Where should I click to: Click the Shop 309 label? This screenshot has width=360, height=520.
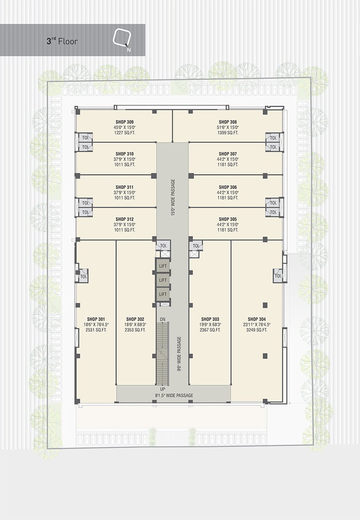[x=124, y=122]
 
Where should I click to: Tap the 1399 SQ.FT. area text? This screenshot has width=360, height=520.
[x=228, y=133]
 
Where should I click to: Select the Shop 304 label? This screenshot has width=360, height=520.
[x=257, y=319]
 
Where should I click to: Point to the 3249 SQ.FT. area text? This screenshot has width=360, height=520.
[x=257, y=330]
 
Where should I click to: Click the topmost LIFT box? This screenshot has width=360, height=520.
[x=163, y=266]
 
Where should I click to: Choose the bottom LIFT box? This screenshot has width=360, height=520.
[x=163, y=294]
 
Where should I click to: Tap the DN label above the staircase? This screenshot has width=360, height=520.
[x=163, y=319]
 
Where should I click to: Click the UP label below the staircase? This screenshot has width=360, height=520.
[x=163, y=389]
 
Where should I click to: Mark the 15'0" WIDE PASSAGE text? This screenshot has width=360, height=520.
[x=173, y=197]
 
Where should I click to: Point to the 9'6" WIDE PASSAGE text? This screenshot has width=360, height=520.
[x=179, y=354]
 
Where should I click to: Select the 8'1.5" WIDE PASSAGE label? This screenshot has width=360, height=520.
[x=174, y=395]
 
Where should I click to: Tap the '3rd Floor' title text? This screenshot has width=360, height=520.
[x=62, y=41]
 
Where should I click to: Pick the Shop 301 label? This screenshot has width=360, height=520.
[x=96, y=319]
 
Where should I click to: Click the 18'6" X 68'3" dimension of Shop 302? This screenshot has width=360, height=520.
[x=135, y=325]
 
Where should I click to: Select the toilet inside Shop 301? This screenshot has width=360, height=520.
[x=83, y=276]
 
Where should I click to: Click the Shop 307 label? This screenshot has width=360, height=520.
[x=228, y=154]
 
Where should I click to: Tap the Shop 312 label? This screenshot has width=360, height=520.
[x=124, y=219]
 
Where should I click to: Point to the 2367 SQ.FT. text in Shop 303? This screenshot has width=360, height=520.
[x=210, y=330]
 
